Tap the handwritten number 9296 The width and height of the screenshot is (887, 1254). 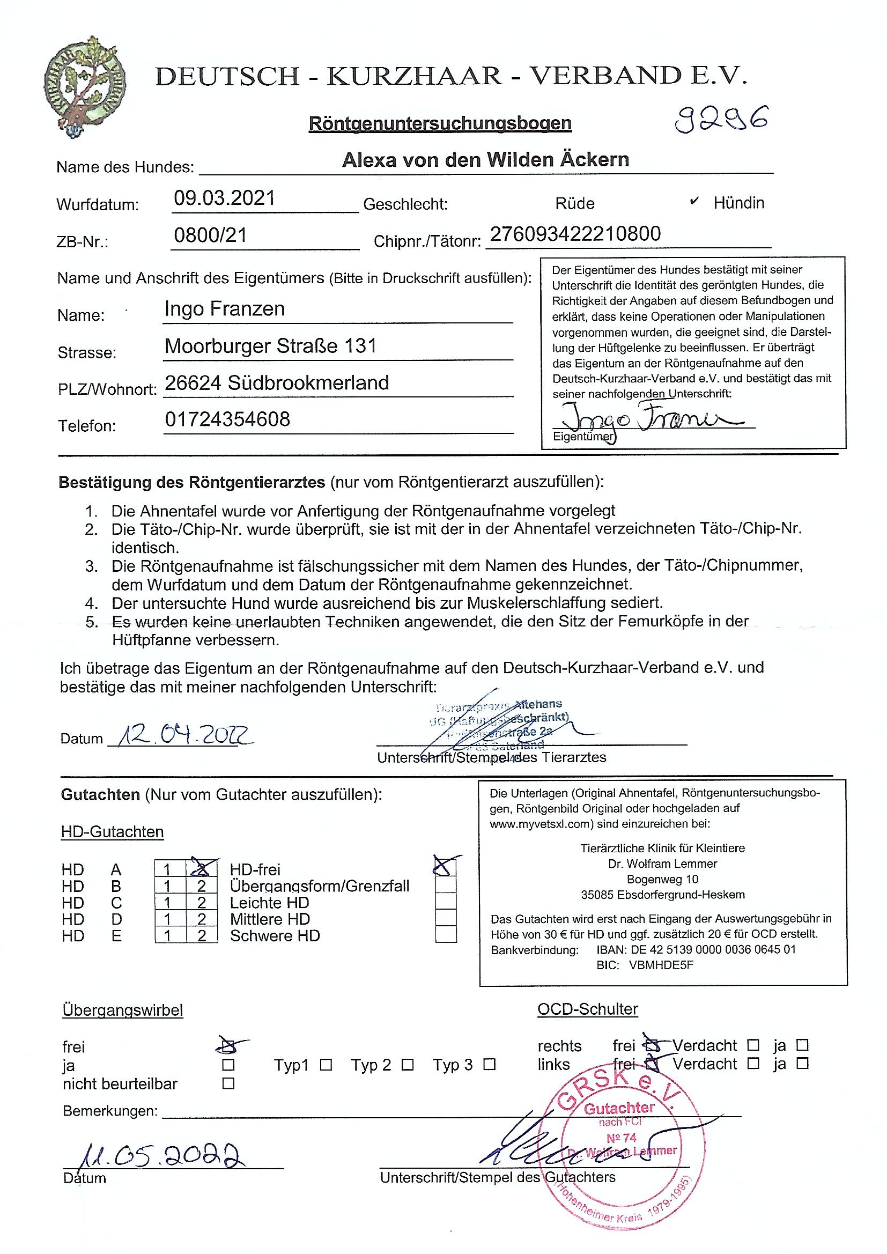pyautogui.click(x=720, y=119)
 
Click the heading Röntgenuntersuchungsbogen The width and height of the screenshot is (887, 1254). pyautogui.click(x=440, y=123)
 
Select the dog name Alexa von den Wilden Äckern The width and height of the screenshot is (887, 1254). pyautogui.click(x=485, y=160)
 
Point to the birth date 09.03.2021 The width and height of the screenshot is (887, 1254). pyautogui.click(x=225, y=198)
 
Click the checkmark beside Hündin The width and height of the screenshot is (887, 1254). pyautogui.click(x=693, y=202)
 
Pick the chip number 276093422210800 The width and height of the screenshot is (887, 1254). pyautogui.click(x=575, y=234)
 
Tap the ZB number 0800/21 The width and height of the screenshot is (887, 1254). pyautogui.click(x=210, y=235)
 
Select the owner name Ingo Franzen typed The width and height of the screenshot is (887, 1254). pyautogui.click(x=225, y=309)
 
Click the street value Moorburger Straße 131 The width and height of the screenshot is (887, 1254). pyautogui.click(x=270, y=346)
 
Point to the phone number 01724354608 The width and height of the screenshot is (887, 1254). pyautogui.click(x=227, y=419)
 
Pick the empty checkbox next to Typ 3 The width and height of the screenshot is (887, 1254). pyautogui.click(x=490, y=1065)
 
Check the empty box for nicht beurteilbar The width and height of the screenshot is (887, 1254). pyautogui.click(x=228, y=1083)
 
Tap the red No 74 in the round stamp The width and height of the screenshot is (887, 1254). pyautogui.click(x=622, y=1138)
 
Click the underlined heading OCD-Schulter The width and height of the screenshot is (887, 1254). pyautogui.click(x=587, y=1009)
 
